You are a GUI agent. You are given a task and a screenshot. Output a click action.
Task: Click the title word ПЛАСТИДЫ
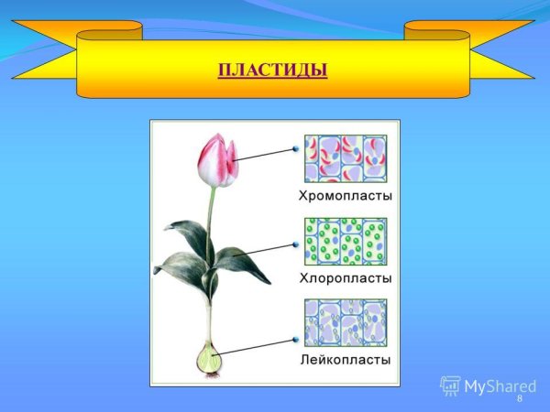(x=272, y=70)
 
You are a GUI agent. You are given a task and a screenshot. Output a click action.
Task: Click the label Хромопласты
(x=345, y=196)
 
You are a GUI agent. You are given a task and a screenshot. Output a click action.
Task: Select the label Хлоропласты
(x=345, y=277)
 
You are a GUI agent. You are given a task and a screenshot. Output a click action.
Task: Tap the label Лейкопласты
(x=345, y=360)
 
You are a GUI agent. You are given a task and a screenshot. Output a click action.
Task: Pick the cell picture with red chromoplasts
(x=345, y=158)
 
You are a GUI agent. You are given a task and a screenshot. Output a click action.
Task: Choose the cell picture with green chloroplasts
(x=345, y=241)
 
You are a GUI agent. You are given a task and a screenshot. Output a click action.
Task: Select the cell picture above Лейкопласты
(x=345, y=322)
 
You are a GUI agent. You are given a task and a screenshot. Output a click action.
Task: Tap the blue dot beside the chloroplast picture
(x=296, y=245)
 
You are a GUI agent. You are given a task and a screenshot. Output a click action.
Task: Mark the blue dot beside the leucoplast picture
(x=296, y=341)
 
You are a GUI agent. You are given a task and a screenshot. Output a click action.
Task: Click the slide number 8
(x=519, y=399)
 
